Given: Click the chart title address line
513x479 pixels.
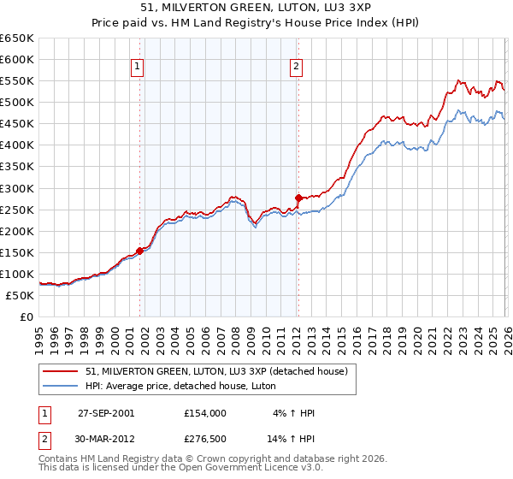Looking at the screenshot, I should (256, 8).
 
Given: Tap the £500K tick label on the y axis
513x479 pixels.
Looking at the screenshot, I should (17, 103).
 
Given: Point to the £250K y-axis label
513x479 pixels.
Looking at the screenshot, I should (17, 210).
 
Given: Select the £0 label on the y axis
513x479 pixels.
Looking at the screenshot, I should (26, 317).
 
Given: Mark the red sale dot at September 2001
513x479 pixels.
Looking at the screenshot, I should (140, 251).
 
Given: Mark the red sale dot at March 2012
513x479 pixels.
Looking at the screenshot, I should (298, 198).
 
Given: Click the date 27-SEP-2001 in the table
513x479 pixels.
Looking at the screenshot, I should (107, 413).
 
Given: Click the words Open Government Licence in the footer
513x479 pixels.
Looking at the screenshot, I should (256, 470).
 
